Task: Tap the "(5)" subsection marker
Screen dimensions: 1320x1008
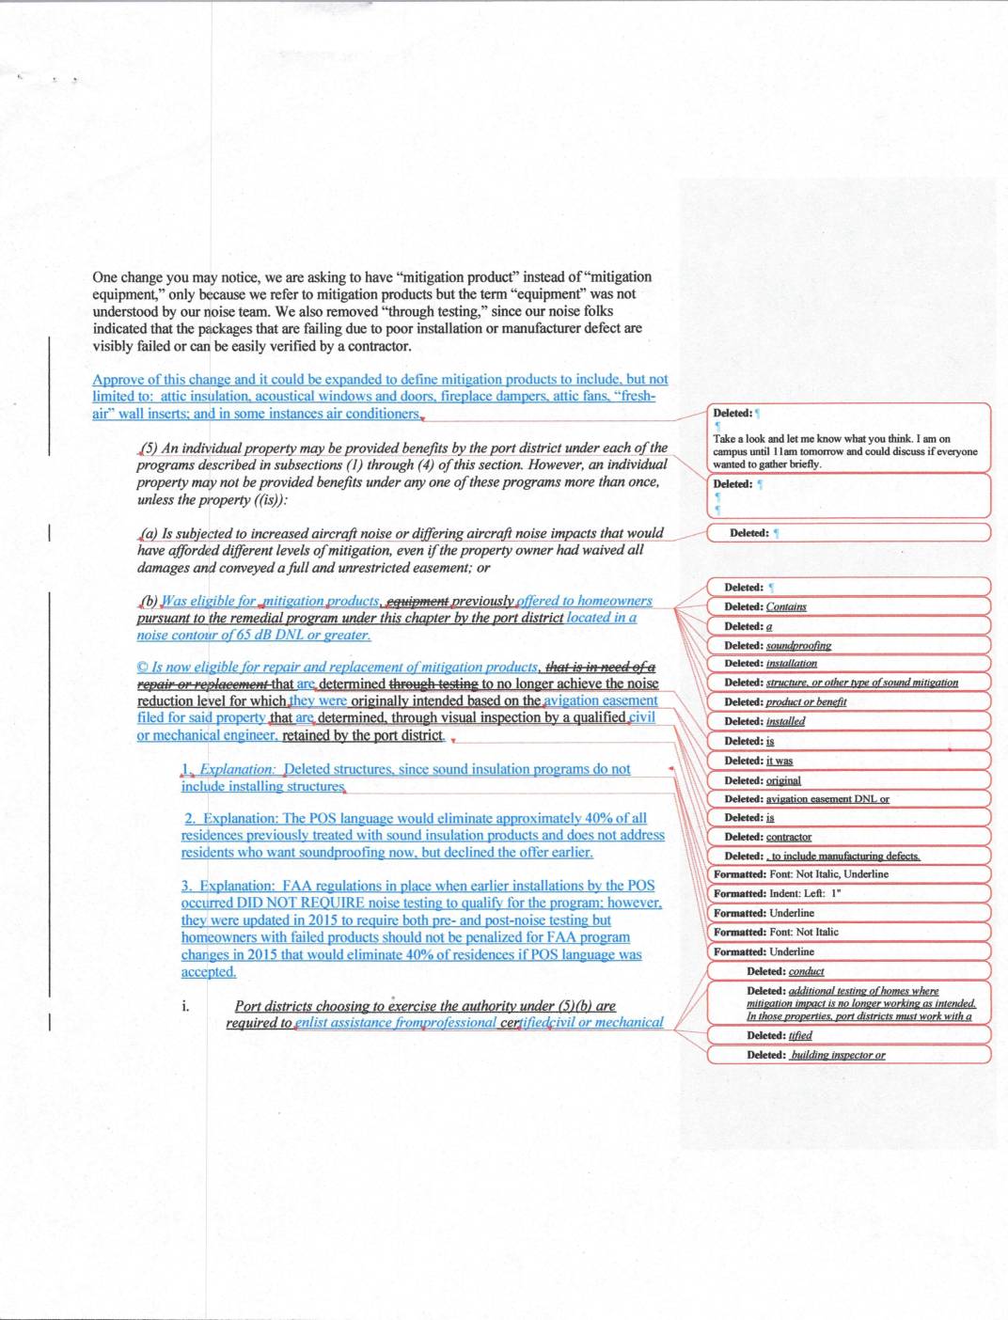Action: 149,448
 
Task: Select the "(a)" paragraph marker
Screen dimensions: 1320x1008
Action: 149,533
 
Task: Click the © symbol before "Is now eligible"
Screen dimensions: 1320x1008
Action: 142,668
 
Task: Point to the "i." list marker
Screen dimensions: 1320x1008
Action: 185,1006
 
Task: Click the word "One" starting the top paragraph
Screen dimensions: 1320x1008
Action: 105,277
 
